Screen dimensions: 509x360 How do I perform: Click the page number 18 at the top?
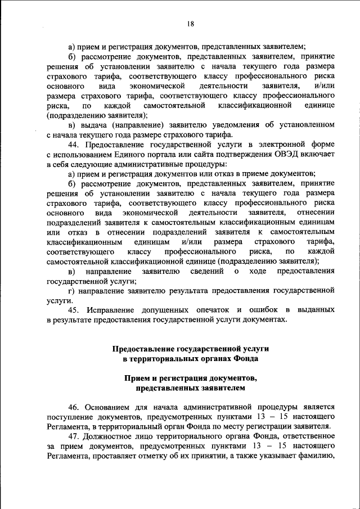pyautogui.click(x=191, y=24)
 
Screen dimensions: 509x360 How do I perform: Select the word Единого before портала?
pyautogui.click(x=132, y=155)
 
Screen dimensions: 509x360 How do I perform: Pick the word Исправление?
pyautogui.click(x=110, y=310)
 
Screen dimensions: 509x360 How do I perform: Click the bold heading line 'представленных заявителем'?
pyautogui.click(x=191, y=388)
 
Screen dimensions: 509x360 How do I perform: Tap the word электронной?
pyautogui.click(x=279, y=145)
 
